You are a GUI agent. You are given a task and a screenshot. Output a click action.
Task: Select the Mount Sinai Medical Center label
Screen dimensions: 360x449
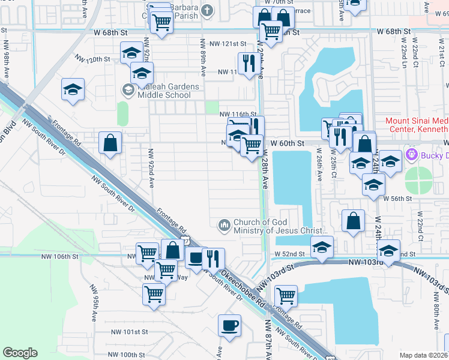point(416,125)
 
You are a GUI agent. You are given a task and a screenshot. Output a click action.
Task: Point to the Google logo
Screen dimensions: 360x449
point(20,353)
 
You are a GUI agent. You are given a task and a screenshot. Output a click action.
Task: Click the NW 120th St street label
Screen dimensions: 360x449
point(92,59)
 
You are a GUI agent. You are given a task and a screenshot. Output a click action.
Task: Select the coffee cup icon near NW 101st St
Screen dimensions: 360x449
point(229,326)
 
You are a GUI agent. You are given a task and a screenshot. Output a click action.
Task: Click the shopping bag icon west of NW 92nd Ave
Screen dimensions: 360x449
point(110,144)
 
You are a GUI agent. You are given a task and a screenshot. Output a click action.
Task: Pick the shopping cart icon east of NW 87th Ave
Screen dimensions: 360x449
point(286,296)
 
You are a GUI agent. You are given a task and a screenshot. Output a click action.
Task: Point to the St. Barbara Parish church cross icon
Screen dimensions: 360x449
point(207,10)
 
